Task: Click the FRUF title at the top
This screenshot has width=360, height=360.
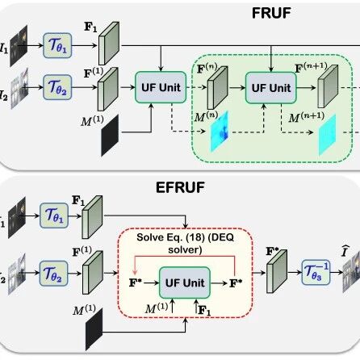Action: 271,13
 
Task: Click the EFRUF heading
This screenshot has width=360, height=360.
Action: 180,187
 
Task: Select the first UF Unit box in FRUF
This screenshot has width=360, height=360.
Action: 161,87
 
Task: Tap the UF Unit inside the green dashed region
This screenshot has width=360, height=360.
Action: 271,88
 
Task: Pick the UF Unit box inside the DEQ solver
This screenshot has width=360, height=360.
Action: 185,283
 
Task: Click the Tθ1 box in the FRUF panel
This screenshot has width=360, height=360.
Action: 57,45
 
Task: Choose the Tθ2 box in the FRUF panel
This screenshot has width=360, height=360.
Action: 57,87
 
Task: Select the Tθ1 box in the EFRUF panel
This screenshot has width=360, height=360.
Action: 54,216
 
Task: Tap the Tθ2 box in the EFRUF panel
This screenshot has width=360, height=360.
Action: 53,274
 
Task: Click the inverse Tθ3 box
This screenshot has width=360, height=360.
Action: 316,272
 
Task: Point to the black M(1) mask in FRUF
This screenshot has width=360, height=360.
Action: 110,136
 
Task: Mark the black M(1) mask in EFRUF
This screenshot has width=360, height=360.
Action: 94,329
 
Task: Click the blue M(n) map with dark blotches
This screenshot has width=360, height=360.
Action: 220,132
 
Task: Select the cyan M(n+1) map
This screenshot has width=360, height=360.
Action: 328,135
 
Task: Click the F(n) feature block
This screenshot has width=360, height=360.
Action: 217,88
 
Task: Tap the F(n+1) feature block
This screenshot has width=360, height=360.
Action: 328,86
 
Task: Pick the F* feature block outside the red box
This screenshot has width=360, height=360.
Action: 277,271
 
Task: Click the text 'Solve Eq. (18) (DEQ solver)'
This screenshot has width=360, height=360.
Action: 185,244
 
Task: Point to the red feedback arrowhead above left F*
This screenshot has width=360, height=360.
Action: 135,272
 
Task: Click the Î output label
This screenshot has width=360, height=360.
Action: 345,251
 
